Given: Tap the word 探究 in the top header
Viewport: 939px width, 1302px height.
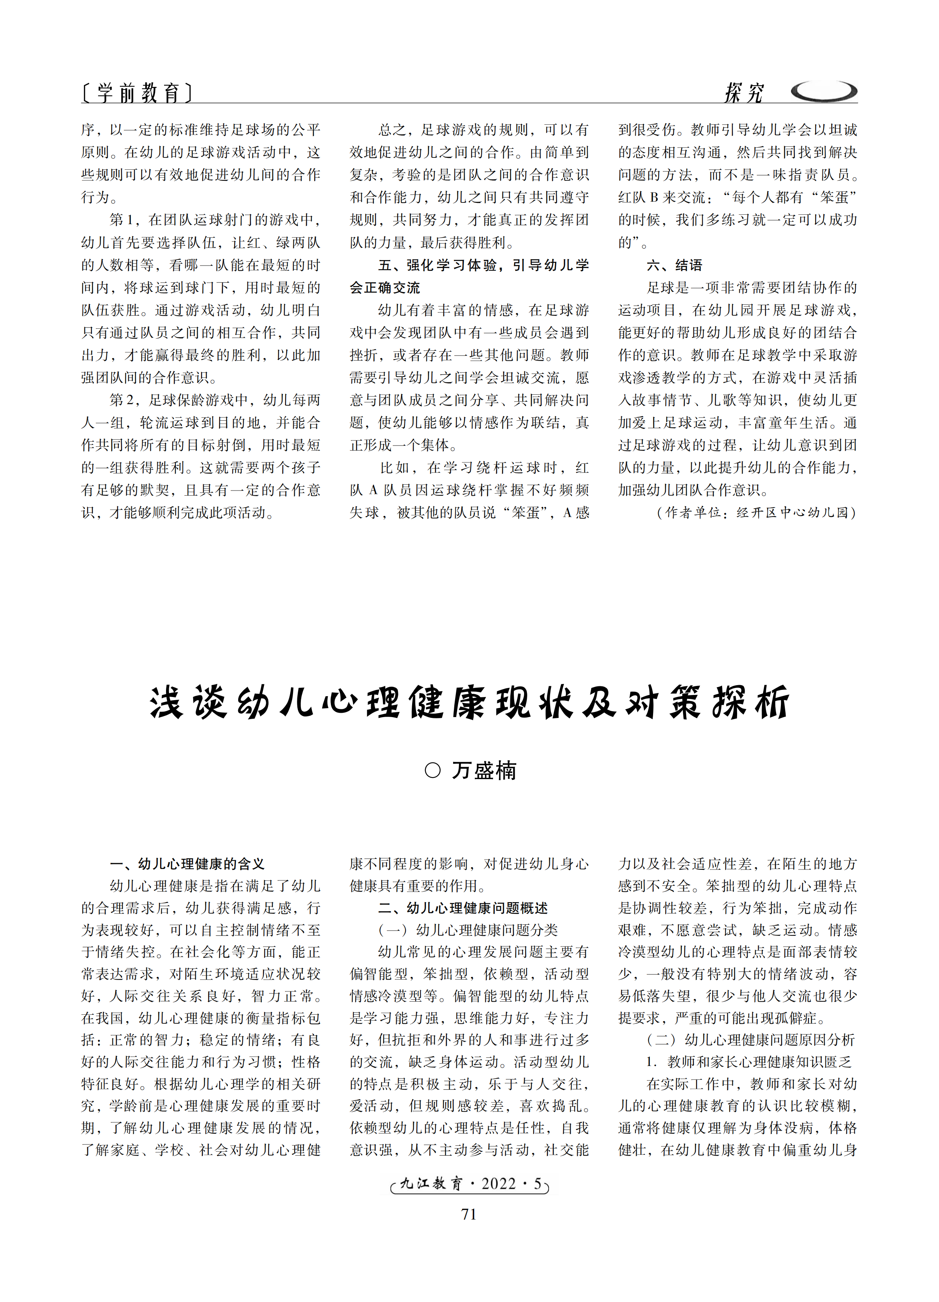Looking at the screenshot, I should (744, 92).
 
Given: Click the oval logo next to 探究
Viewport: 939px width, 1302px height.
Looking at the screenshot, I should (824, 91).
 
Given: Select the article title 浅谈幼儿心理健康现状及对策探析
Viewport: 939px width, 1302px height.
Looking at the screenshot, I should (469, 702).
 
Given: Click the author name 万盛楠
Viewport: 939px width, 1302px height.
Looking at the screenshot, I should (484, 770).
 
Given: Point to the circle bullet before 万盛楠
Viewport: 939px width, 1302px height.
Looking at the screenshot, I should (433, 770).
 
